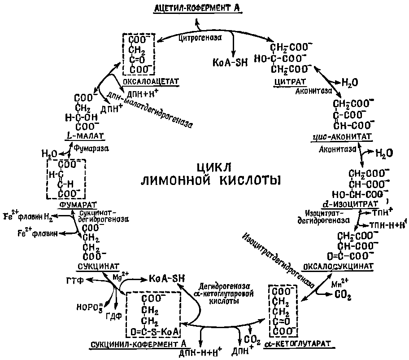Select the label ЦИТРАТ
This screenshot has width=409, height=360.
(x=289, y=81)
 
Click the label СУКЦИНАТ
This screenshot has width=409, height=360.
(x=91, y=265)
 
